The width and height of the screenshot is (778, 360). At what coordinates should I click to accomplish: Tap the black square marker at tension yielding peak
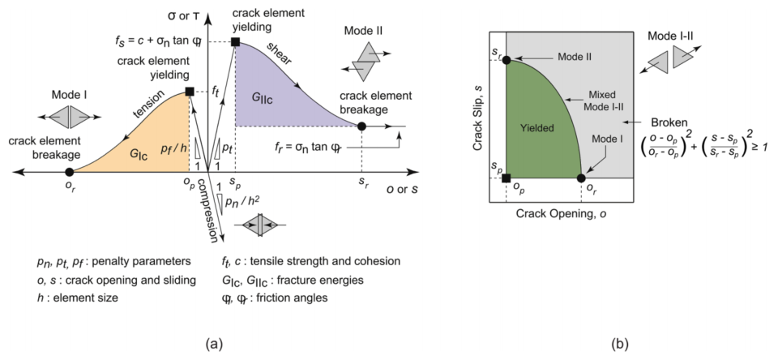pos(190,92)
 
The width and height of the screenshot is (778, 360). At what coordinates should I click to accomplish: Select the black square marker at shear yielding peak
pos(235,41)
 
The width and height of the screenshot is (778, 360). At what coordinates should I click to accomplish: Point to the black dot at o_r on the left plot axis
pos(70,171)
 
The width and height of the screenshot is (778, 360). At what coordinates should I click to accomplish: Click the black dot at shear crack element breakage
pos(361,126)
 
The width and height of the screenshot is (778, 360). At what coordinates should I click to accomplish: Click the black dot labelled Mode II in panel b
pos(506,59)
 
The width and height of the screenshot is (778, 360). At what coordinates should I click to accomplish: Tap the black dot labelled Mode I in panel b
pos(580,178)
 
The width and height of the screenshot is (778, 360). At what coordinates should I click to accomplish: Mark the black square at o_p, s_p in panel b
pos(506,178)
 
